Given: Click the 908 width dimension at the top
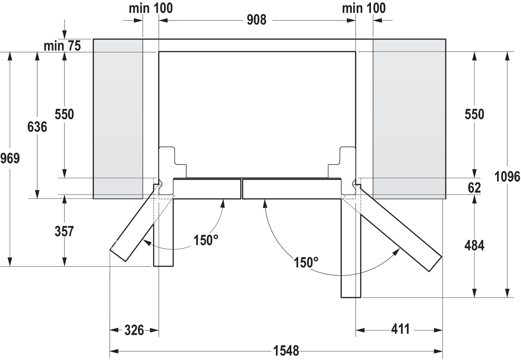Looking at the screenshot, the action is coord(256,20).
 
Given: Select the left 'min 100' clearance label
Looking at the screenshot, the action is coord(151,8).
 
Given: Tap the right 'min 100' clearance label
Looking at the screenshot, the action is coord(364,8).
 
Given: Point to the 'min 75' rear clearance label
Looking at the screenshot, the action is coord(62,46).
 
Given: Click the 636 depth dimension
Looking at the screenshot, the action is coord(37,127).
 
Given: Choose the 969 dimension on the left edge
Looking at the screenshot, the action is coord(10,159).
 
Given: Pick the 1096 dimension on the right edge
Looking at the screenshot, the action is coord(507,177).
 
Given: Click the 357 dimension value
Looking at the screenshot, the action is coord(64,231).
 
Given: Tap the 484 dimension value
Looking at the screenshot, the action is coord(474,245).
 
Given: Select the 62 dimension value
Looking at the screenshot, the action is coord(474,188).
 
